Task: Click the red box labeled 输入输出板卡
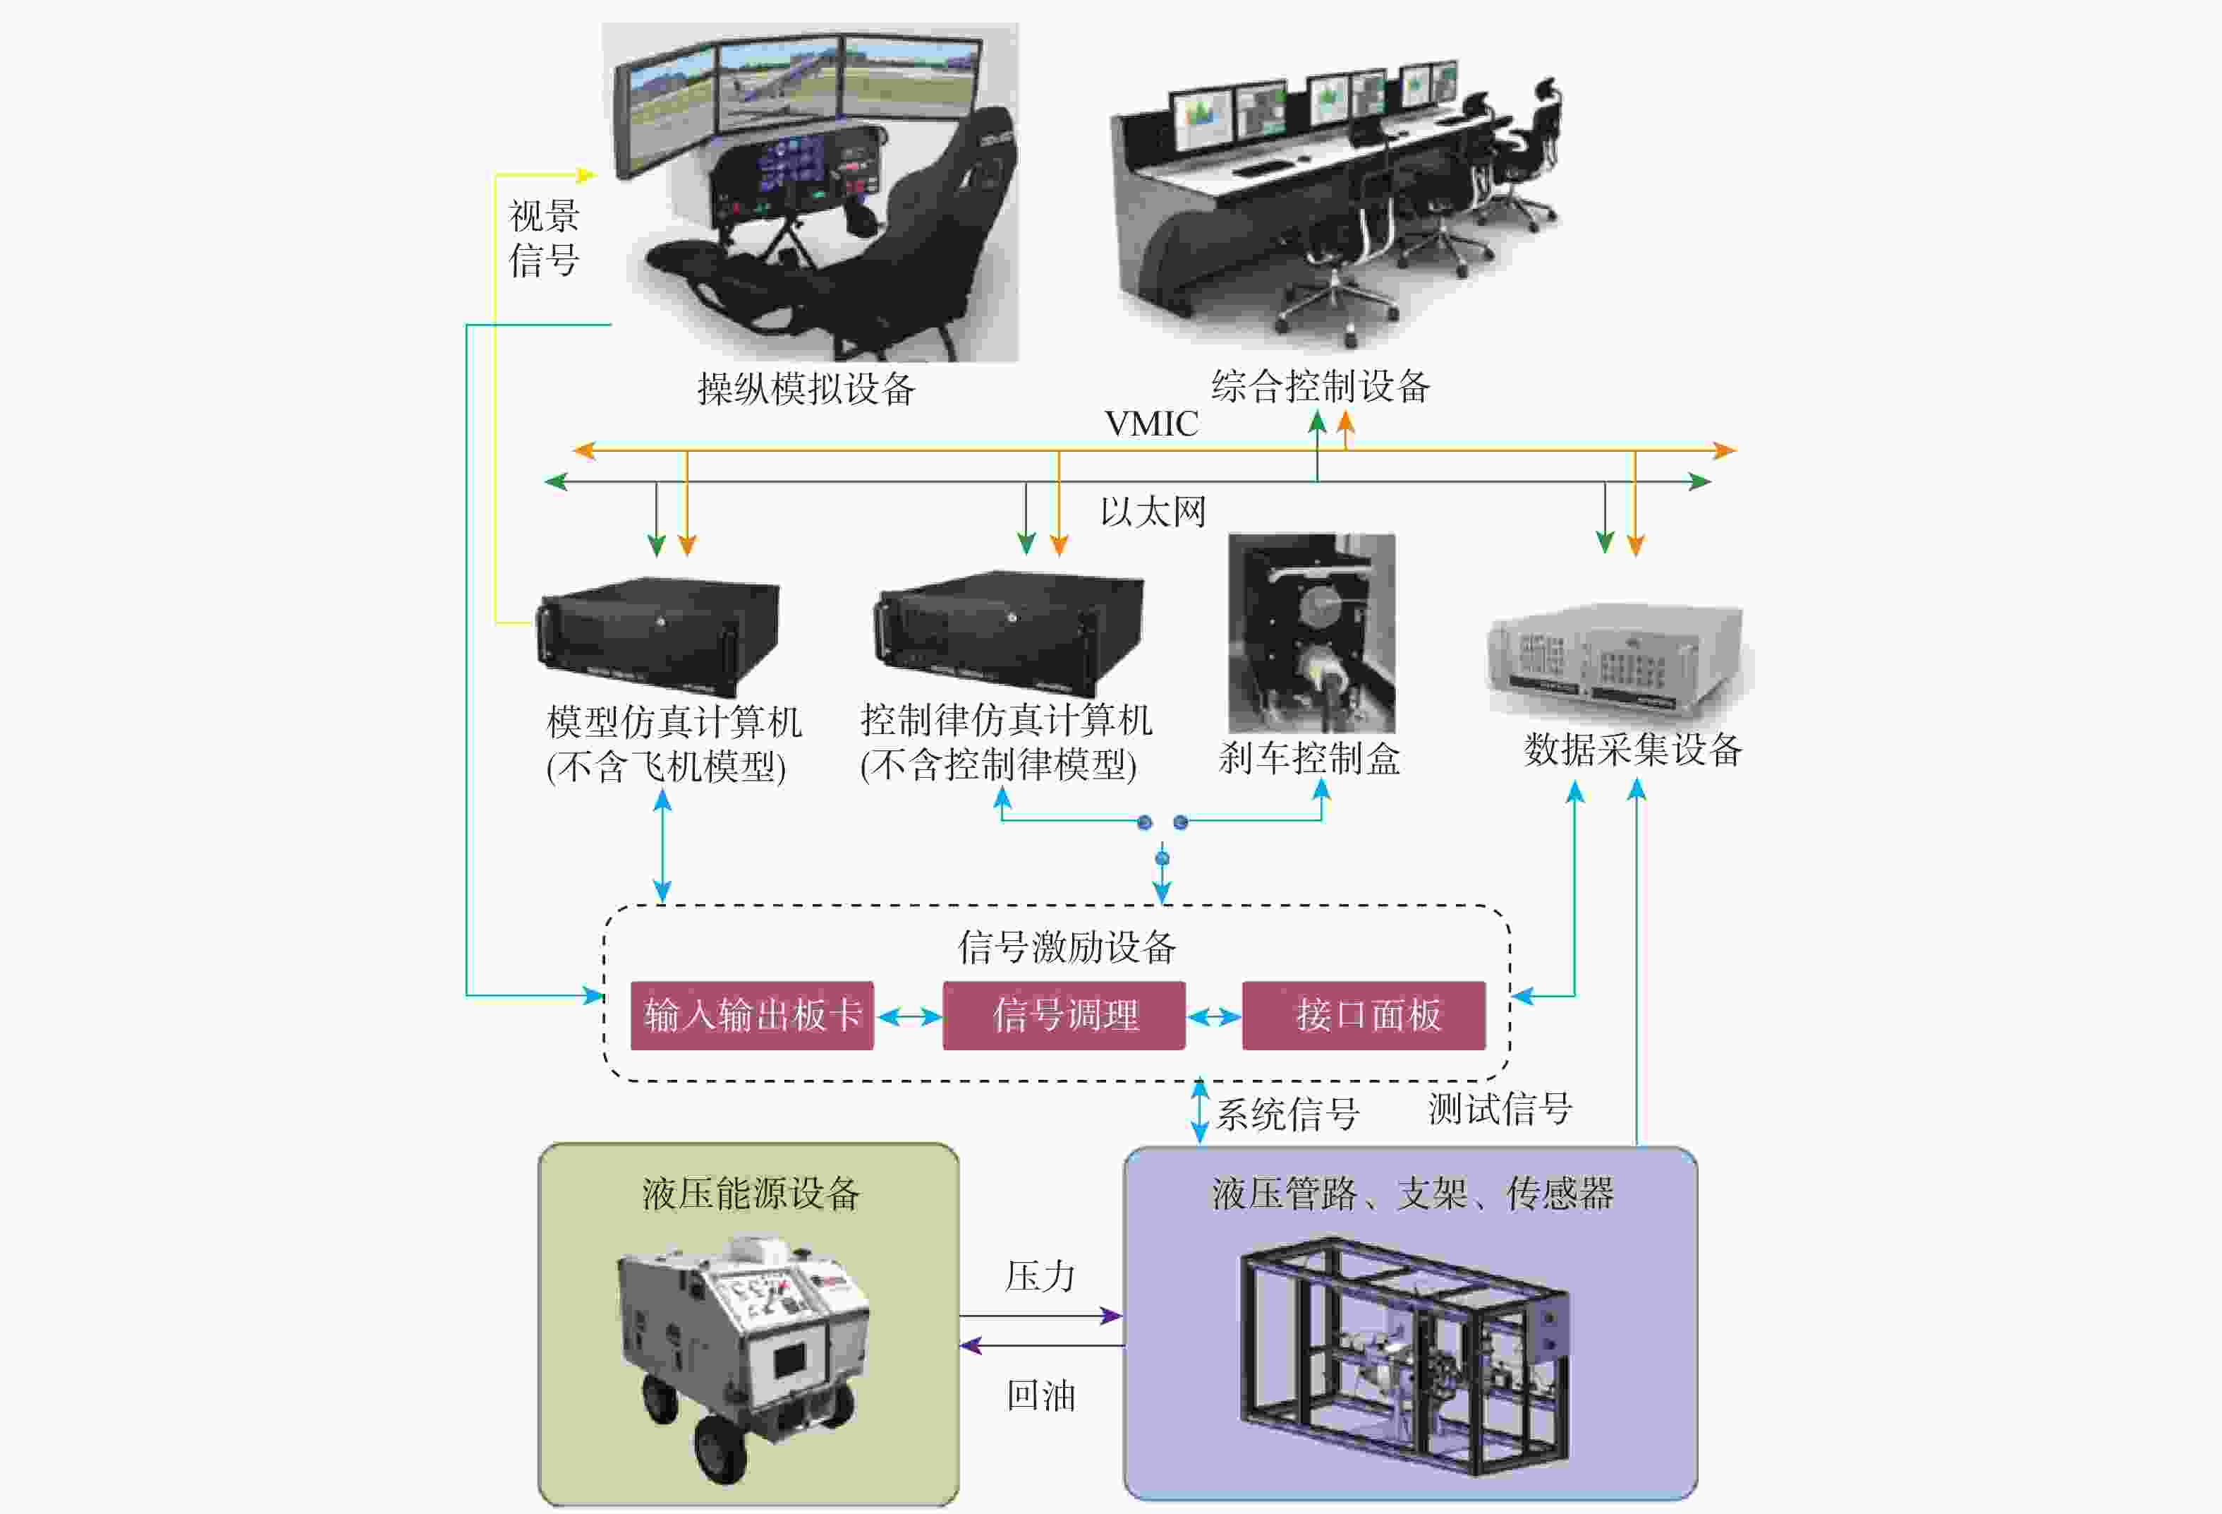pyautogui.click(x=751, y=1015)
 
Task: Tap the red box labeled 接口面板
pyautogui.click(x=1364, y=1015)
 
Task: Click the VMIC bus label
pyautogui.click(x=1151, y=423)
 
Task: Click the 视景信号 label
pyautogui.click(x=544, y=238)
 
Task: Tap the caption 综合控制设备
pyautogui.click(x=1321, y=386)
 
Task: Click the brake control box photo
pyautogui.click(x=1311, y=633)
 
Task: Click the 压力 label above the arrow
pyautogui.click(x=1040, y=1277)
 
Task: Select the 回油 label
pyautogui.click(x=1040, y=1396)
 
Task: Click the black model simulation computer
pyautogui.click(x=658, y=636)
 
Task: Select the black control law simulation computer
pyautogui.click(x=1009, y=633)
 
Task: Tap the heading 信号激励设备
pyautogui.click(x=1066, y=947)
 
